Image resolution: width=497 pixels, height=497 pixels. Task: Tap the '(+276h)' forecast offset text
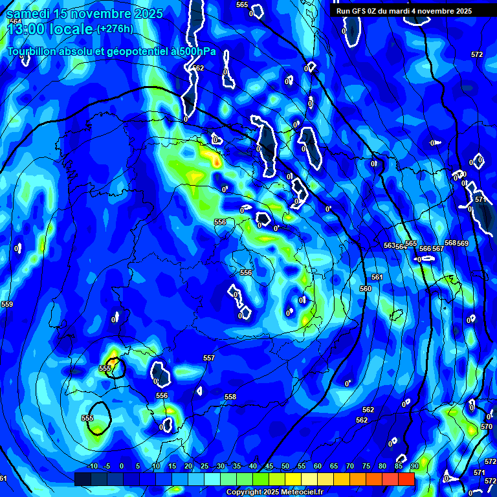pyautogui.click(x=115, y=28)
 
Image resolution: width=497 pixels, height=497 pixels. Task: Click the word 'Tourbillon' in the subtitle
pyautogui.click(x=34, y=51)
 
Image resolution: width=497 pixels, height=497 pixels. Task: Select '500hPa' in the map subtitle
pyautogui.click(x=197, y=51)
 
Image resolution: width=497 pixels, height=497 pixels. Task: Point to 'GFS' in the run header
pyautogui.click(x=359, y=11)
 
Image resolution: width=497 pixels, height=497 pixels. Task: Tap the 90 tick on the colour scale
pyautogui.click(x=414, y=466)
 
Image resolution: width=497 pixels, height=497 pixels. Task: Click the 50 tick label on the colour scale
pyautogui.click(x=285, y=466)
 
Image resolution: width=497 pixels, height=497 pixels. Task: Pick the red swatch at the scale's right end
pyautogui.click(x=406, y=479)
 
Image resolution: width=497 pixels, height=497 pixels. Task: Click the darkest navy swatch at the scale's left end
pyautogui.click(x=82, y=479)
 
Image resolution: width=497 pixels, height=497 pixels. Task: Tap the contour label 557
pyautogui.click(x=208, y=358)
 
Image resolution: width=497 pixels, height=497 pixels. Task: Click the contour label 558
pyautogui.click(x=230, y=397)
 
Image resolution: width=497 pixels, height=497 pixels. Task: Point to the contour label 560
pyautogui.click(x=366, y=289)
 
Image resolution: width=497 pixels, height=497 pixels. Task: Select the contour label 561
pyautogui.click(x=377, y=277)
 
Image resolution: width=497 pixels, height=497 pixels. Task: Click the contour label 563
pyautogui.click(x=389, y=245)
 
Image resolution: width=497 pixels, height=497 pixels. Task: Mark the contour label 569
pyautogui.click(x=463, y=243)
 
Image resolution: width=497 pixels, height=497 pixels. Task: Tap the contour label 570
pyautogui.click(x=487, y=426)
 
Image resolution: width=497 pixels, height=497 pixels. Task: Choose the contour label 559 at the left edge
pyautogui.click(x=7, y=304)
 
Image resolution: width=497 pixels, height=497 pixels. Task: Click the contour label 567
pyautogui.click(x=438, y=248)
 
